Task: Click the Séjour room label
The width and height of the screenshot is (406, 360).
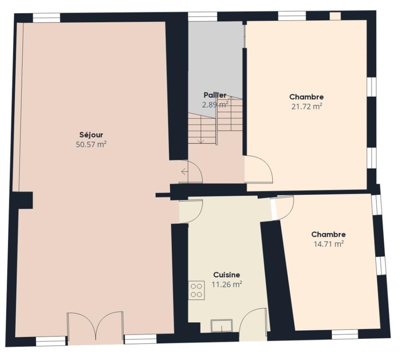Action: [91, 135]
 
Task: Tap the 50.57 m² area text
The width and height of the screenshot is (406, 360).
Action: [91, 144]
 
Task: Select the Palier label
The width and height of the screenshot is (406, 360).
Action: [215, 95]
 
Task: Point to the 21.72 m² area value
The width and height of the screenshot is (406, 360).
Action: [307, 107]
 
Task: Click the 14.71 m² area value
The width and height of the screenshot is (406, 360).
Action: [329, 244]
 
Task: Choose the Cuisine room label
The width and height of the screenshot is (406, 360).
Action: [226, 274]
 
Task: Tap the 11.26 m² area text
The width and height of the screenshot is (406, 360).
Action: [226, 284]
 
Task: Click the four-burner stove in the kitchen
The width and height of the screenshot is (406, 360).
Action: [196, 290]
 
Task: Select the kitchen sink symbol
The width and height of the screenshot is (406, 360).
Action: [221, 325]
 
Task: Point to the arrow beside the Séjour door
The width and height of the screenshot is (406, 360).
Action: [184, 171]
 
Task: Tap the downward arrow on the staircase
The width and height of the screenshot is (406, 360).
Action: [200, 139]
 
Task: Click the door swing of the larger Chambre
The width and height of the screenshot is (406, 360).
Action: [259, 169]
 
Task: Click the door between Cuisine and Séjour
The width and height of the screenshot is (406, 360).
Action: [192, 211]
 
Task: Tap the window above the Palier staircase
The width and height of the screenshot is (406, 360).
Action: [203, 17]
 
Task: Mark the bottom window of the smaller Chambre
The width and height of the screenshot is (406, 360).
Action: [345, 334]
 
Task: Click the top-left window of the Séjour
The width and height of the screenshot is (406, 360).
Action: [47, 18]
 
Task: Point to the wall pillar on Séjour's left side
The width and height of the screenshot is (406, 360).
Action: [23, 200]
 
